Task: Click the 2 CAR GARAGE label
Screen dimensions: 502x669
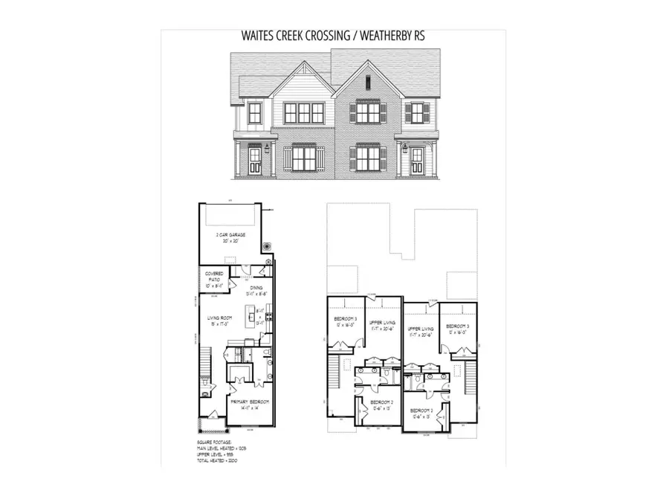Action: pyautogui.click(x=230, y=236)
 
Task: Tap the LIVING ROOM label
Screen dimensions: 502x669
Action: pyautogui.click(x=222, y=321)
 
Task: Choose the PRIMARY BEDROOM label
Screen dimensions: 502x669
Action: pyautogui.click(x=249, y=402)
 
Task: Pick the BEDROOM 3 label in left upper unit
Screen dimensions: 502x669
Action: pyautogui.click(x=345, y=320)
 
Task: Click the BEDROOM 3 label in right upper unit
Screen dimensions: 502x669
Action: pyautogui.click(x=456, y=327)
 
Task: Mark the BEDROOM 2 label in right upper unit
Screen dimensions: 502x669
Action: pyautogui.click(x=421, y=411)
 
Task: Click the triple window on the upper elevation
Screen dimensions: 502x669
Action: pyautogui.click(x=305, y=113)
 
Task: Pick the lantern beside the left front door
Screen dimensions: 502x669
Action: pyautogui.click(x=265, y=150)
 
